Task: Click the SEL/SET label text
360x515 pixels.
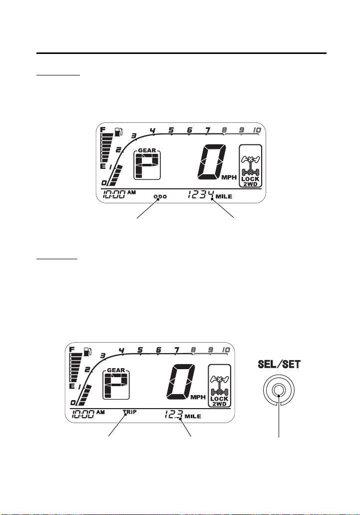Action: point(279,364)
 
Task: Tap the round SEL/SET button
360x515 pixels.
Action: point(279,390)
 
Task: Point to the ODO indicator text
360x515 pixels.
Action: point(160,197)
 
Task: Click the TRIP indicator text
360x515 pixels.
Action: point(130,412)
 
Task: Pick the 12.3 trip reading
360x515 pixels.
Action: point(173,415)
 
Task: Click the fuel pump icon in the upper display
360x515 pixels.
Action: point(118,132)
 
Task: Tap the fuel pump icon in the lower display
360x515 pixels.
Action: point(87,352)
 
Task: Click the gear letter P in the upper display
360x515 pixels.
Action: point(147,166)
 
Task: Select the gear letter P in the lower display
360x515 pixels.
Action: point(116,386)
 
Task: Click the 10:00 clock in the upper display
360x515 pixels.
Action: point(114,194)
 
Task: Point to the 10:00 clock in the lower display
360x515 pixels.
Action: point(83,415)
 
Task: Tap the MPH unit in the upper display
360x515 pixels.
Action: point(229,177)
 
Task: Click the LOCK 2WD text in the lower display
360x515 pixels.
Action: point(219,401)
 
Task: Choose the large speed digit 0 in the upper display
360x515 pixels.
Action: point(212,162)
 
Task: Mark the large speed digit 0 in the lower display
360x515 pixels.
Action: point(181,382)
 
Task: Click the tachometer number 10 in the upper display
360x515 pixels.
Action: point(257,130)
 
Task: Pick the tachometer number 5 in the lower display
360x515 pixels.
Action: point(140,350)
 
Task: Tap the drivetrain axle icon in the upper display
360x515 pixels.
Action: point(250,166)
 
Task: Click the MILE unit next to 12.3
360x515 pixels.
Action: point(193,417)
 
